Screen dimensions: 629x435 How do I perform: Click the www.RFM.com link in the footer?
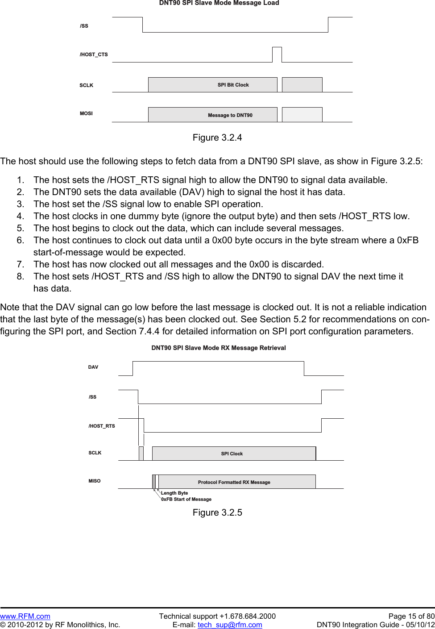(x=25, y=616)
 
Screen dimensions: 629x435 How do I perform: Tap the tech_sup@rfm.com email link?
(x=230, y=625)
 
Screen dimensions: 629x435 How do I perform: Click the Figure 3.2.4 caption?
(x=217, y=137)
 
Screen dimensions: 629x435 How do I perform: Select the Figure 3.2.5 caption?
(x=217, y=512)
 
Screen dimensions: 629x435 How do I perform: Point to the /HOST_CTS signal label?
(x=94, y=54)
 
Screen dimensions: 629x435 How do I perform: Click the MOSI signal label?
(x=86, y=113)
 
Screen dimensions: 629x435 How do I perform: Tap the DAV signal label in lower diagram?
(x=93, y=367)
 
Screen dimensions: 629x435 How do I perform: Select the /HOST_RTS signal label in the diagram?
(x=102, y=426)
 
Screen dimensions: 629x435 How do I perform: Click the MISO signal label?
(x=95, y=481)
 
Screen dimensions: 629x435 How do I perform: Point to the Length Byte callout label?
(x=174, y=493)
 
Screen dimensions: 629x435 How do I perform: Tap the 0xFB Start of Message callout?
(x=186, y=499)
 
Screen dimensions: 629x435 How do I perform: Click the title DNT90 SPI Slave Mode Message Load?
(x=219, y=3)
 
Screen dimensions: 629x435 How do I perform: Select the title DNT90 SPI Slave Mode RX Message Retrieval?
(x=219, y=348)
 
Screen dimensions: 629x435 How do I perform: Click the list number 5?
(x=21, y=228)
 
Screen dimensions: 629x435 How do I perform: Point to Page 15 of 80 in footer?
(x=411, y=616)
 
